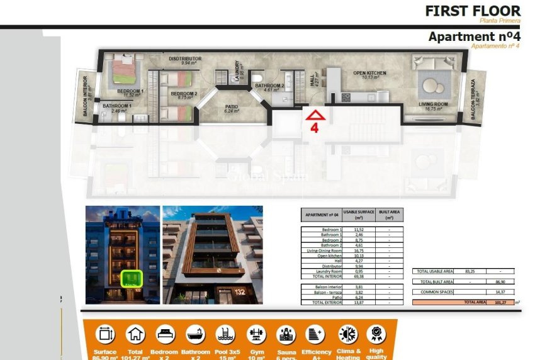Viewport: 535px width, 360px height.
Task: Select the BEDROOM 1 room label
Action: click(131, 92)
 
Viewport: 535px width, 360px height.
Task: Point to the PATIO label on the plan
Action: click(232, 107)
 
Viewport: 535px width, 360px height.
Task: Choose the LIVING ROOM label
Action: click(432, 104)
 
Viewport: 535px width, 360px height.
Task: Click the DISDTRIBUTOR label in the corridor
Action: click(185, 59)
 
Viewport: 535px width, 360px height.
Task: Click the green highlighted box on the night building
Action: click(132, 278)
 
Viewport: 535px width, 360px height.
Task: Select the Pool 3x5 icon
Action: click(225, 334)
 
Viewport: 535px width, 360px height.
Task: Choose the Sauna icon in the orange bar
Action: click(286, 334)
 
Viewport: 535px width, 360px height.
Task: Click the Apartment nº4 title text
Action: click(475, 37)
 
